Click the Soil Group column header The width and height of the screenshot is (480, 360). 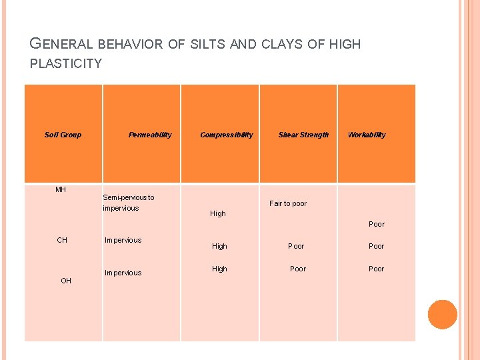(63, 135)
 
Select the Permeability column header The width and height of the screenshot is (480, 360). (150, 135)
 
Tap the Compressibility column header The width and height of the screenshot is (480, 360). (227, 135)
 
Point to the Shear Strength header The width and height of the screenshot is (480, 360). (303, 135)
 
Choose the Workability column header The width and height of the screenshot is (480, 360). (367, 135)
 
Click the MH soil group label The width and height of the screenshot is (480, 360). (61, 190)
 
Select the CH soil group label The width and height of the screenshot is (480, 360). (62, 240)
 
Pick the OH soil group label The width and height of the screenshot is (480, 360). (66, 281)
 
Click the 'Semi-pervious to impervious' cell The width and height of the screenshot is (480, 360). (129, 203)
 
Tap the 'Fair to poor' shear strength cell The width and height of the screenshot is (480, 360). (288, 203)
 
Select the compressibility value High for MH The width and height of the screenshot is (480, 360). (218, 213)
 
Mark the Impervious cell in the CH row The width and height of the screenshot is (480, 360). (123, 240)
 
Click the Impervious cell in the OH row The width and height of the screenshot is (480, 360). (123, 273)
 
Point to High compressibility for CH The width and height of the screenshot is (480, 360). (219, 246)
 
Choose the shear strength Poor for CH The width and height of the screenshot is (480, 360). (296, 246)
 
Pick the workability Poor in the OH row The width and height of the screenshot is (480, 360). (377, 269)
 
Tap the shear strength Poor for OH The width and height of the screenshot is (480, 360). (298, 269)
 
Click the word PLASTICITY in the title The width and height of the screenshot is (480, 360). (66, 64)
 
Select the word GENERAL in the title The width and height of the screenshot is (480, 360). (63, 45)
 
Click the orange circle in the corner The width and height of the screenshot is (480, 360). (443, 315)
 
